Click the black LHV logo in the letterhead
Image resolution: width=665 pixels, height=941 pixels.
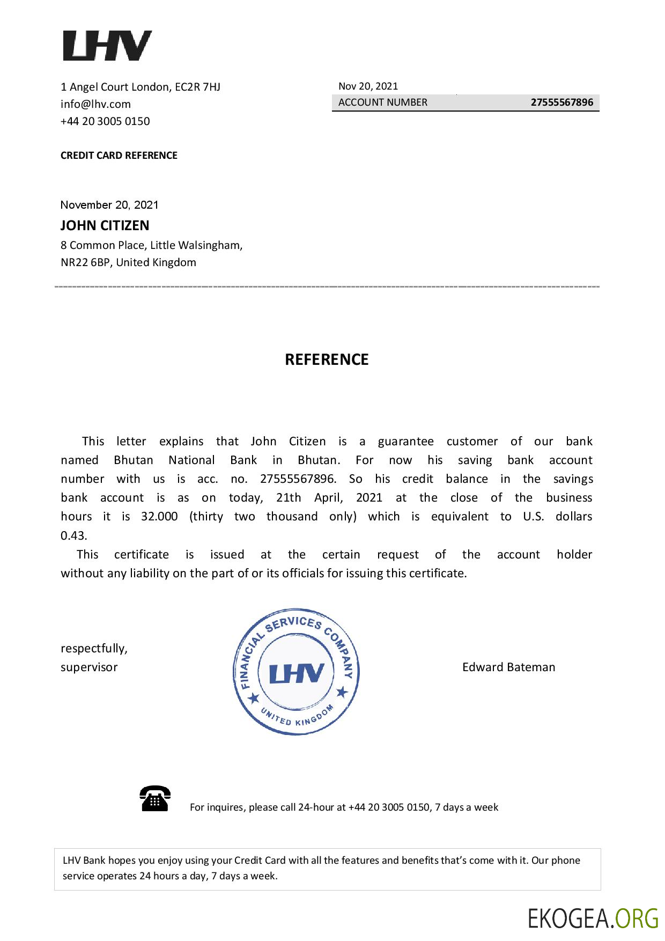pyautogui.click(x=107, y=46)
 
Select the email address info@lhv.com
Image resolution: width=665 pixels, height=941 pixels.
pyautogui.click(x=95, y=104)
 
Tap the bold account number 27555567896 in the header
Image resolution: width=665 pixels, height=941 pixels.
pyautogui.click(x=561, y=102)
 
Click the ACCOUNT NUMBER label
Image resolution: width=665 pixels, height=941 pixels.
pyautogui.click(x=383, y=102)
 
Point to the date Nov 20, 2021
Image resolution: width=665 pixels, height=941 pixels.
pyautogui.click(x=368, y=86)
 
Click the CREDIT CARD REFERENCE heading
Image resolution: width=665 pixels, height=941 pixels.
pyautogui.click(x=119, y=156)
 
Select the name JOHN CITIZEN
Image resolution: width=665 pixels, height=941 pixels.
pyautogui.click(x=105, y=225)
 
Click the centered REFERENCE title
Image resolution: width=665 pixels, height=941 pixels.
pyautogui.click(x=327, y=359)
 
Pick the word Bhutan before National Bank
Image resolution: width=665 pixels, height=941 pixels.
pyautogui.click(x=134, y=460)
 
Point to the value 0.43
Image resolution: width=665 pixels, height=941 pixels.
pyautogui.click(x=73, y=535)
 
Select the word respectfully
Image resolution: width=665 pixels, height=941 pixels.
pyautogui.click(x=94, y=649)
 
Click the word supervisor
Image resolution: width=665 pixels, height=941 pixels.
pyautogui.click(x=89, y=667)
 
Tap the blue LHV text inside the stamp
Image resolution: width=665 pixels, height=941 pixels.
pyautogui.click(x=297, y=673)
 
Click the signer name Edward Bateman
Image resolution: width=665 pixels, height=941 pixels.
pyautogui.click(x=508, y=667)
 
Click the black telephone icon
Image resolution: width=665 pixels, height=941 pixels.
pyautogui.click(x=155, y=798)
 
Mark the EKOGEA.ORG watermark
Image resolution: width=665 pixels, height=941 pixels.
pyautogui.click(x=593, y=918)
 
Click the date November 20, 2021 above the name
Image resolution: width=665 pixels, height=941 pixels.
pyautogui.click(x=109, y=205)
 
